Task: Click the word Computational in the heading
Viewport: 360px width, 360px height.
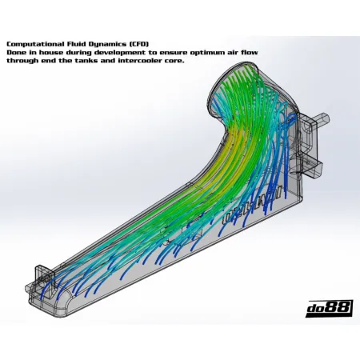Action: pos(31,43)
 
